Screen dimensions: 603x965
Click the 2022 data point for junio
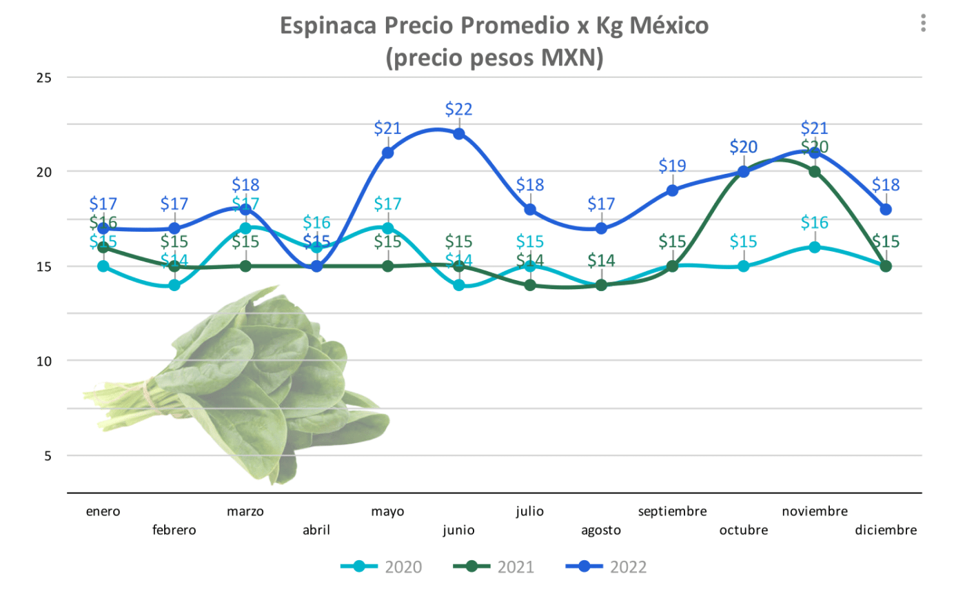pyautogui.click(x=458, y=134)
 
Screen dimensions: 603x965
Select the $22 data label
pyautogui.click(x=458, y=109)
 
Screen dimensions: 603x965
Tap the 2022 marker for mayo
pyautogui.click(x=387, y=152)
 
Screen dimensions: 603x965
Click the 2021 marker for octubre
pyautogui.click(x=743, y=172)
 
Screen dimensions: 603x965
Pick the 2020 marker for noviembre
pyautogui.click(x=815, y=247)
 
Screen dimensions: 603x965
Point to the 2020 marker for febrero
pyautogui.click(x=174, y=285)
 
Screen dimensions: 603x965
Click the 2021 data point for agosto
pyautogui.click(x=601, y=285)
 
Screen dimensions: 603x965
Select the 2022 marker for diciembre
pyautogui.click(x=886, y=209)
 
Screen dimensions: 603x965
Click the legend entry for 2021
pyautogui.click(x=494, y=567)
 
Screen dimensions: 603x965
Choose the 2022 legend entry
pyautogui.click(x=606, y=567)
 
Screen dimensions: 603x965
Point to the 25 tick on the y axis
pyautogui.click(x=44, y=78)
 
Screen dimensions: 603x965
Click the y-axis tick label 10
pyautogui.click(x=44, y=362)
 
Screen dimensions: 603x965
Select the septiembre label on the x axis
pyautogui.click(x=672, y=511)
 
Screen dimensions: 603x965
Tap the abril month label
pyautogui.click(x=316, y=530)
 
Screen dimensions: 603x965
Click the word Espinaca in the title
pyautogui.click(x=328, y=26)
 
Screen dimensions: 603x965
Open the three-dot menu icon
pyautogui.click(x=923, y=23)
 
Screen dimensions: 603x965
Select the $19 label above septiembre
pyautogui.click(x=672, y=166)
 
